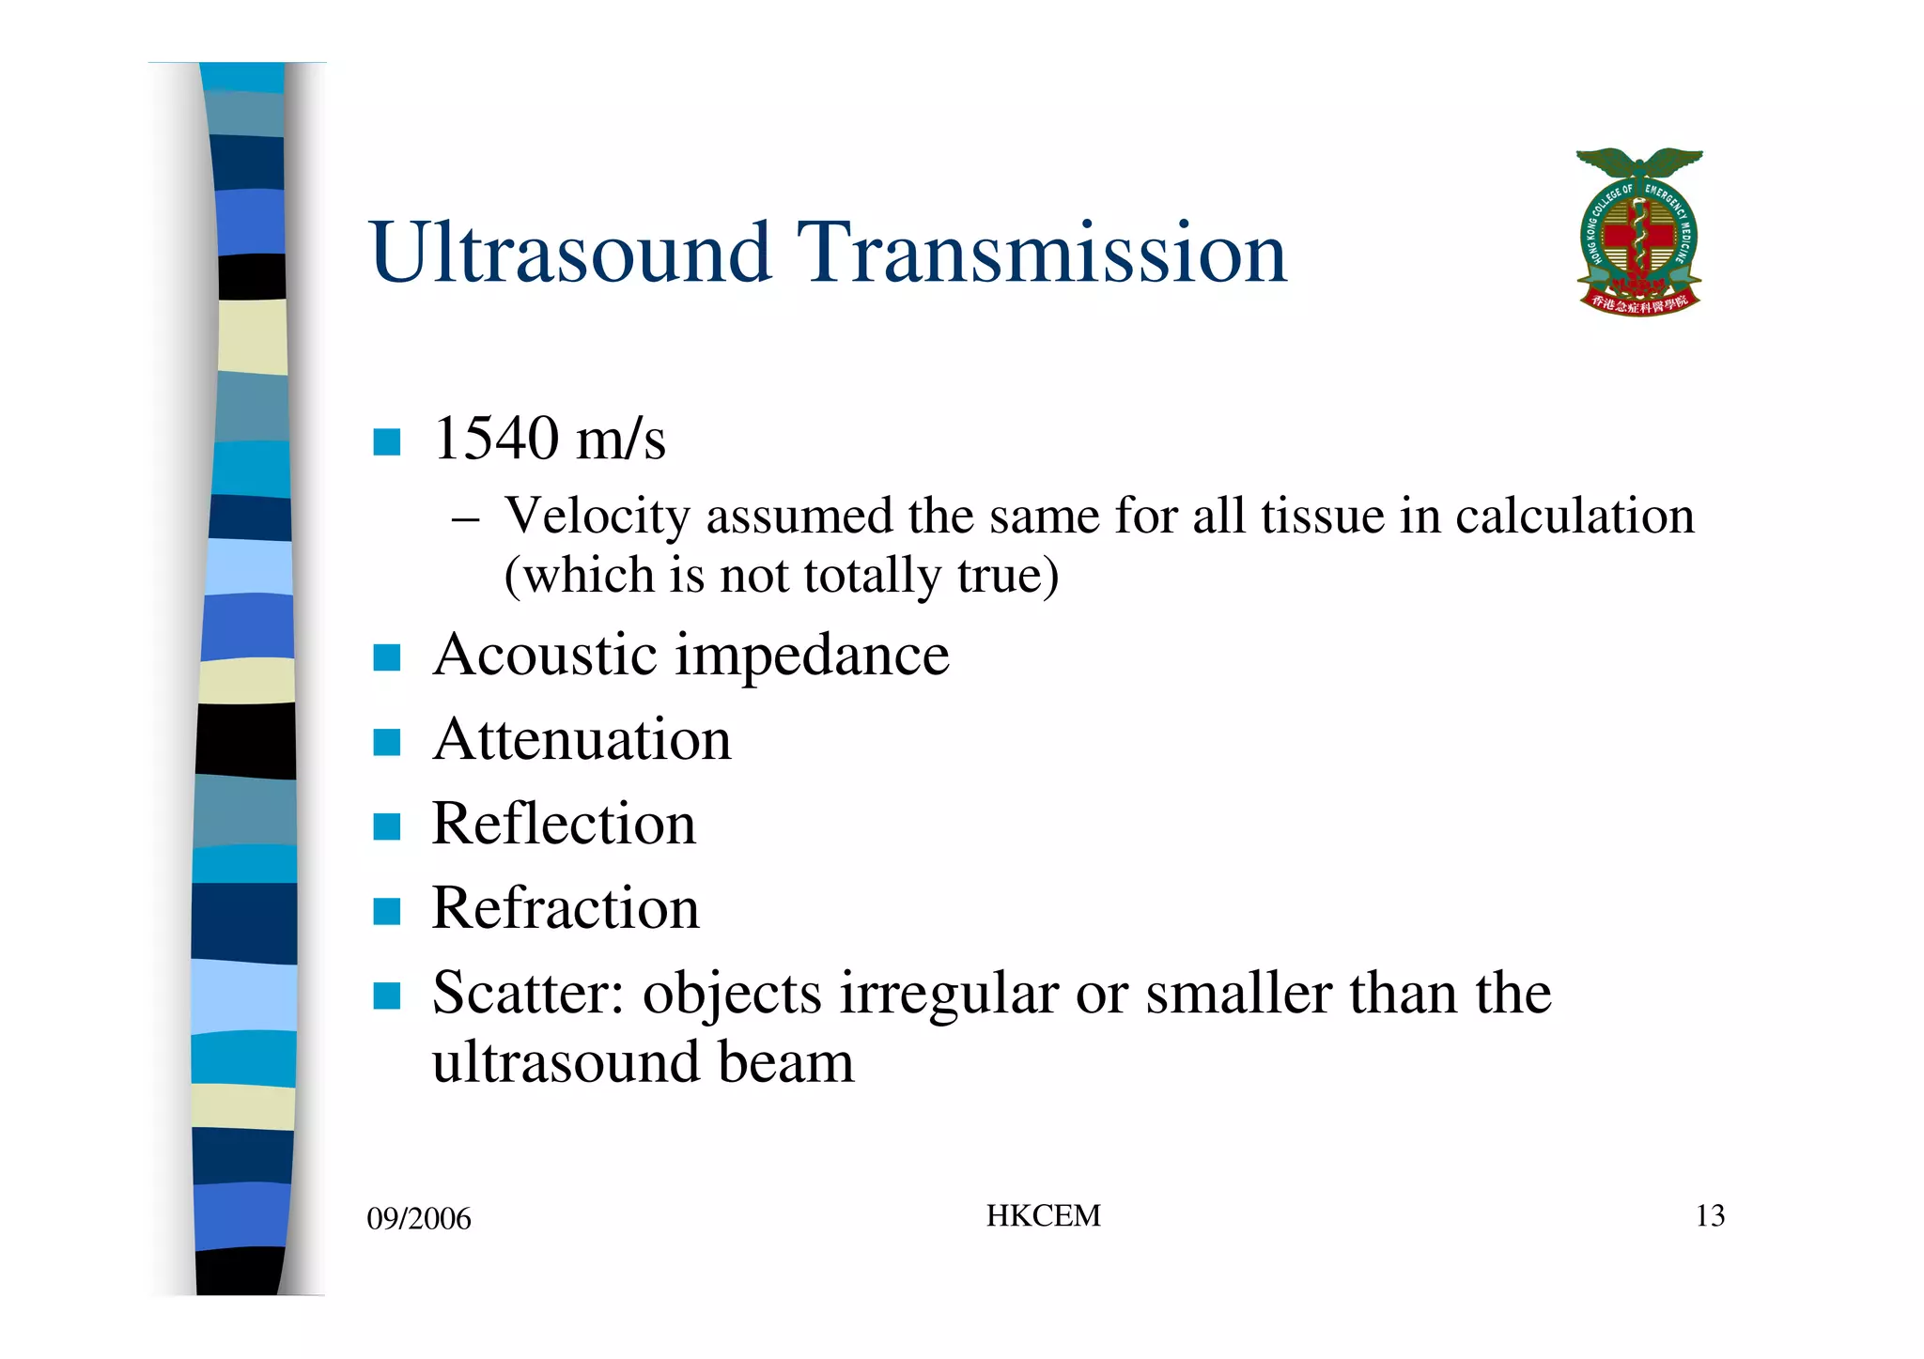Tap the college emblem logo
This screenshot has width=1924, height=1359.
tap(1638, 232)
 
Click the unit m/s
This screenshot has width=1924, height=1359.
tap(621, 439)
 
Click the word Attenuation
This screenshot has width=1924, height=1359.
tap(582, 739)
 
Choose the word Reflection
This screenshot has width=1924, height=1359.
tap(564, 824)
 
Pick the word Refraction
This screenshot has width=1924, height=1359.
tap(566, 908)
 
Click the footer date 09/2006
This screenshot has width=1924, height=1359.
tap(419, 1219)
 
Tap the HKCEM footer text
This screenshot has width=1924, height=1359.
tap(1043, 1216)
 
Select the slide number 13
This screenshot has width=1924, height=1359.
tap(1710, 1216)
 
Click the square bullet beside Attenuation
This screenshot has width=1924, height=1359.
tap(387, 742)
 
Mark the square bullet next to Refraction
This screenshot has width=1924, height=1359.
tap(387, 911)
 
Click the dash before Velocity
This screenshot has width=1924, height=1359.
tap(466, 519)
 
